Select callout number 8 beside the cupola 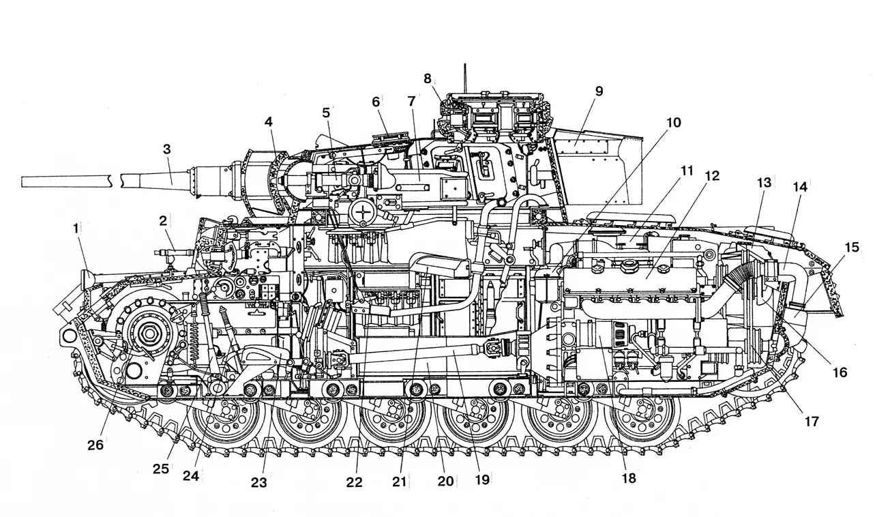click(x=428, y=78)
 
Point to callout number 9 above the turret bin click(x=599, y=91)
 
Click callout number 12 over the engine click(x=712, y=176)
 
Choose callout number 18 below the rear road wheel click(x=628, y=478)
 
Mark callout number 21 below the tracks click(x=399, y=482)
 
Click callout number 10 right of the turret click(x=673, y=123)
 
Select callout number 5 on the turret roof click(x=326, y=111)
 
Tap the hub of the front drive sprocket click(x=146, y=335)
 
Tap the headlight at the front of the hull click(x=87, y=279)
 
